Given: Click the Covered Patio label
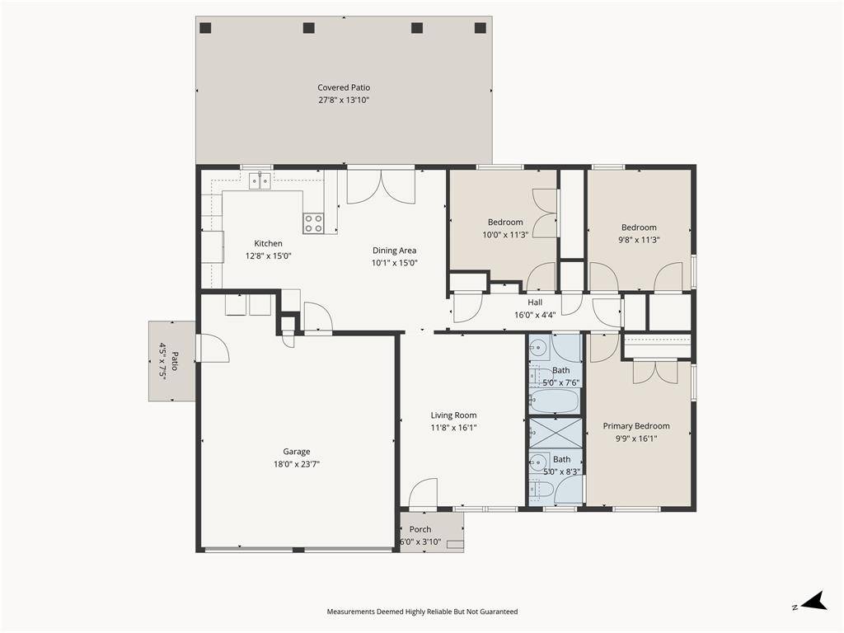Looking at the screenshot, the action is (x=344, y=87).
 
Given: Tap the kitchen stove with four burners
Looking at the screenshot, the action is (x=313, y=223).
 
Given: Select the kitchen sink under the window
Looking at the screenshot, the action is (x=260, y=181).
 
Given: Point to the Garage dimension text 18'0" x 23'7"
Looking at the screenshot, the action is (x=297, y=464).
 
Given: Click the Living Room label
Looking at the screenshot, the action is (x=453, y=415).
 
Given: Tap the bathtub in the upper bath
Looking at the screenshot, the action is (x=555, y=401).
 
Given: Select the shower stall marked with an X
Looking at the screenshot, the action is (x=556, y=432).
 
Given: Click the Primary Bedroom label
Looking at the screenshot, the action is (x=636, y=426).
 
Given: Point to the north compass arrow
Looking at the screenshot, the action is (x=814, y=601).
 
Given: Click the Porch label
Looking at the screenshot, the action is (x=420, y=529).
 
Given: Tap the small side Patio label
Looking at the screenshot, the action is (x=175, y=361).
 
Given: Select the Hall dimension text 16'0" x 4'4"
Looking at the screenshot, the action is (x=535, y=315).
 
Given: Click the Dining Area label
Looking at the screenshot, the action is (x=395, y=251).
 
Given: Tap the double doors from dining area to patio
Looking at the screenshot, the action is (x=381, y=187).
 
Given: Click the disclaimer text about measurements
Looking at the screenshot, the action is (x=422, y=612).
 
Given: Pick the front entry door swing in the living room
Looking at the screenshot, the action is (x=423, y=494).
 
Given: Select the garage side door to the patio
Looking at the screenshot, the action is (x=213, y=349).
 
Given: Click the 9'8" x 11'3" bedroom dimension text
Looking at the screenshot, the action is (x=639, y=240).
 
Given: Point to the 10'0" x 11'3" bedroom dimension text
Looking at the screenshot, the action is (x=505, y=235).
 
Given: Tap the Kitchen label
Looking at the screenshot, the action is (x=268, y=243).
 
